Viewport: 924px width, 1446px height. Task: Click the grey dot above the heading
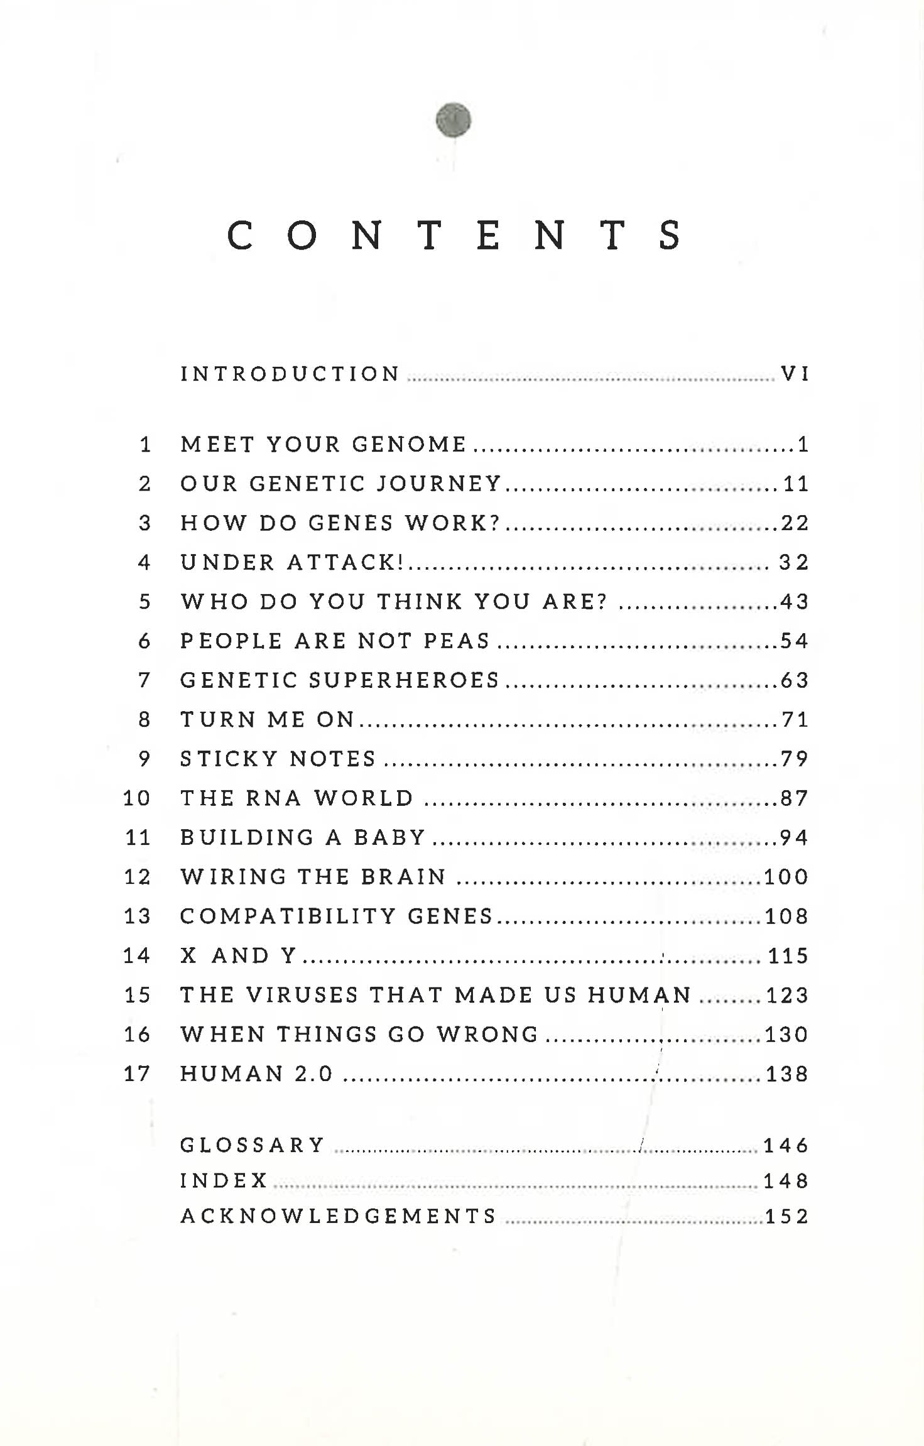[x=453, y=119]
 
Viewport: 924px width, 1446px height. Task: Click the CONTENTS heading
[x=454, y=235]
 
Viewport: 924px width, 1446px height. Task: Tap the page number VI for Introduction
[x=795, y=374]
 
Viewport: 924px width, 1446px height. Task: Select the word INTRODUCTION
[x=290, y=374]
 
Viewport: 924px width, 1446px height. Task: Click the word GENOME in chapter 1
[x=409, y=444]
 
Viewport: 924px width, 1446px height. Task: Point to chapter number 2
[x=144, y=484]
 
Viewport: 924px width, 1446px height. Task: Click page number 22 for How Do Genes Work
[x=795, y=523]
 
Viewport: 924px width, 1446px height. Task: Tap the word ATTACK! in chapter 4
[x=345, y=562]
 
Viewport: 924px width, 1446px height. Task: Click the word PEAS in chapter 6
[x=457, y=641]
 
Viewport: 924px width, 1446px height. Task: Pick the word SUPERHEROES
[x=405, y=680]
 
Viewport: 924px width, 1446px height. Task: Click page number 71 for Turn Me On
[x=795, y=719]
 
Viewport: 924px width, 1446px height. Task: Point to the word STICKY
[x=229, y=759]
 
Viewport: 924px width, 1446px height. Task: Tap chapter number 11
[x=138, y=837]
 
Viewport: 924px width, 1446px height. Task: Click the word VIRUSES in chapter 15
[x=302, y=994]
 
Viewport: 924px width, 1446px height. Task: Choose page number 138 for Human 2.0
[x=787, y=1074]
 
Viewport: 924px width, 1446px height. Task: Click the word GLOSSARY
[x=253, y=1144]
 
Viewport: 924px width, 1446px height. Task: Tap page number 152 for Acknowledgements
[x=786, y=1216]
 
